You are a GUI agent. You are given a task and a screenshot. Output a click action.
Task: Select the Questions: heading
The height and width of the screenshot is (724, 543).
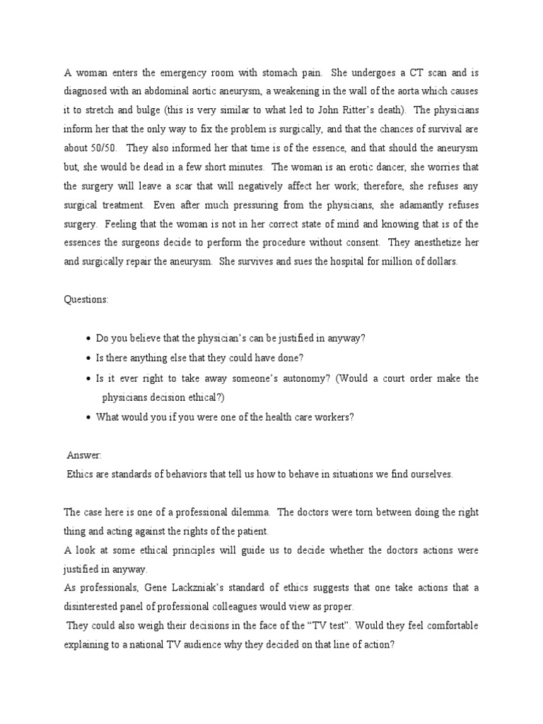coord(86,300)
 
